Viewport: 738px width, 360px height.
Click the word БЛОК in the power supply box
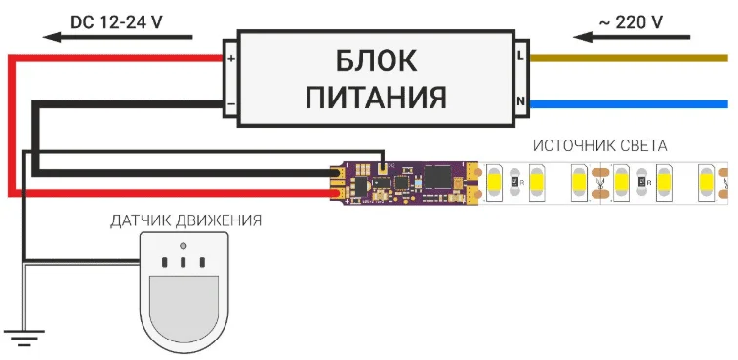coord(376,61)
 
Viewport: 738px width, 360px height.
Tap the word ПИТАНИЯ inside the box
coord(376,98)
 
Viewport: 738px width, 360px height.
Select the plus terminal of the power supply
coord(231,58)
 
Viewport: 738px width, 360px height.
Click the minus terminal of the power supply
coord(231,101)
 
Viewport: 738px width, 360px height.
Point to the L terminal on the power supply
coord(520,58)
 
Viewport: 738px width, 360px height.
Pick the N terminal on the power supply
coord(520,101)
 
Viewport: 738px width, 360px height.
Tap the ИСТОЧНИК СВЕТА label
coord(599,146)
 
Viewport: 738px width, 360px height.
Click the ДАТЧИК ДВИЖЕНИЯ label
coord(185,220)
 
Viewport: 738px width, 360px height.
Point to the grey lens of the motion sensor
coord(184,306)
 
